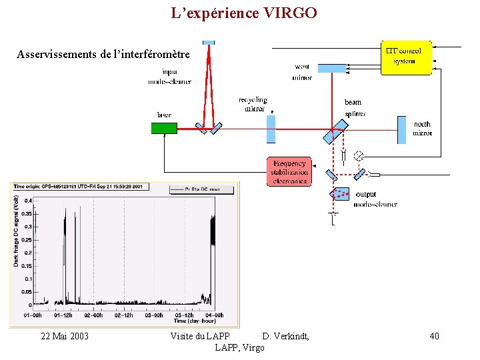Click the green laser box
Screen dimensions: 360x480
coord(164,128)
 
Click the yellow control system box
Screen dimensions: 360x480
coord(406,57)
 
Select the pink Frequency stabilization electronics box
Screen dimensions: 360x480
coord(289,172)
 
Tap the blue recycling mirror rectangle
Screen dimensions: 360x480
coord(271,129)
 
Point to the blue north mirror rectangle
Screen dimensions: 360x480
coord(401,129)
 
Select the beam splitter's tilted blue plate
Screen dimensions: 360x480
coord(331,134)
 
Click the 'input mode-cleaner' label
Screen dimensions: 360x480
coord(169,77)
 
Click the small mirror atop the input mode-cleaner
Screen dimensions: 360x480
coord(209,43)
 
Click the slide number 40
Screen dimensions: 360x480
coord(434,336)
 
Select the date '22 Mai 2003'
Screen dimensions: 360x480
coord(65,336)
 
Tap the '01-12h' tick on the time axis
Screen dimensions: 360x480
coord(63,315)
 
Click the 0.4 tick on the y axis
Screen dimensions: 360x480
coord(29,201)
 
